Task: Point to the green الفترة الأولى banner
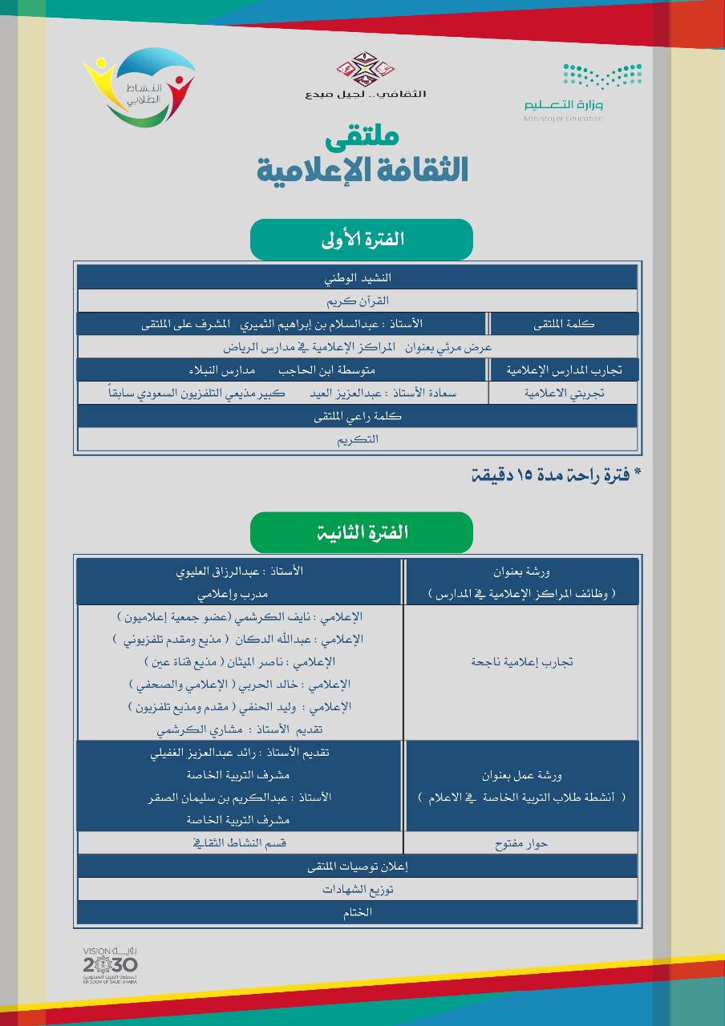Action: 362,239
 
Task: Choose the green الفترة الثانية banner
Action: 362,532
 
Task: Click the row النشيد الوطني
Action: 358,278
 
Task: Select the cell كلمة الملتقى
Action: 565,324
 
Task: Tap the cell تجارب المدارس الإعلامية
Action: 565,370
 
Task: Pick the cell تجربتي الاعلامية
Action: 565,393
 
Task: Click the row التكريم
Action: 358,439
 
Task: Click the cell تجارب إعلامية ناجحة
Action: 521,662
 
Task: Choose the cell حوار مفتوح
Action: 521,843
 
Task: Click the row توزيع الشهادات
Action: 358,890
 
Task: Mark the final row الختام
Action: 358,912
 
